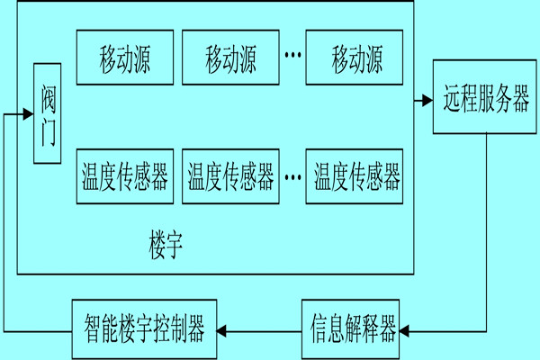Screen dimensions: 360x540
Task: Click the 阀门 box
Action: [48, 114]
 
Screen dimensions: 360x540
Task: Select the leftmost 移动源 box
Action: [124, 60]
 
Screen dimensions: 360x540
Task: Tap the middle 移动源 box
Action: [230, 60]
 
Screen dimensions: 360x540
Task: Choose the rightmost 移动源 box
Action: [356, 60]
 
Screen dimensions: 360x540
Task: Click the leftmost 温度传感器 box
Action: [124, 176]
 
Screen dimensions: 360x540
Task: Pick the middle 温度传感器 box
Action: [230, 176]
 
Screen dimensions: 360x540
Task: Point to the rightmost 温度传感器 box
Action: [356, 176]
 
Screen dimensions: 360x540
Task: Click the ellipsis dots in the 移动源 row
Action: [292, 57]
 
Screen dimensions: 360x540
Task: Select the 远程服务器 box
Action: [486, 98]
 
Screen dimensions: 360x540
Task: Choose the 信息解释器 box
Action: [352, 329]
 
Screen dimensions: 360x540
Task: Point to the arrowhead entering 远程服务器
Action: [427, 99]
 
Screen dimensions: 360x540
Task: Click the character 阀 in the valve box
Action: [48, 100]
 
